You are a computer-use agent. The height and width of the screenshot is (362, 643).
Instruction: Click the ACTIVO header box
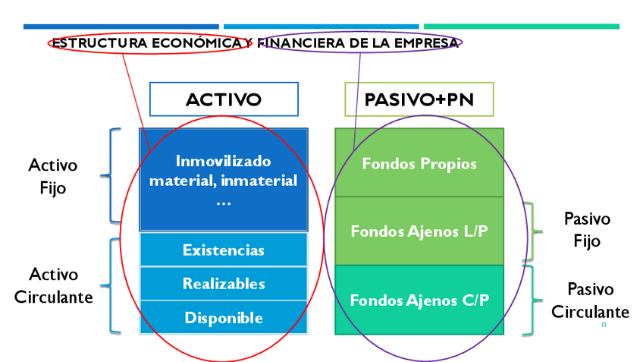pyautogui.click(x=224, y=99)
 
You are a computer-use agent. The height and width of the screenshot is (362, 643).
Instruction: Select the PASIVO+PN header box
pyautogui.click(x=419, y=99)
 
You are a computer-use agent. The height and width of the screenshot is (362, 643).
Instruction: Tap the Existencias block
pyautogui.click(x=224, y=250)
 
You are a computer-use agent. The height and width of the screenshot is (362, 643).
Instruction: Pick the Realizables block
pyautogui.click(x=224, y=284)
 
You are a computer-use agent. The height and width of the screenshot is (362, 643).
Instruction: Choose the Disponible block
pyautogui.click(x=224, y=317)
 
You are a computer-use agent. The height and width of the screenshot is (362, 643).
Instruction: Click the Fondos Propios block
pyautogui.click(x=419, y=163)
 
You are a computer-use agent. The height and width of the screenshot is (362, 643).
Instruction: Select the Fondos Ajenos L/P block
pyautogui.click(x=419, y=231)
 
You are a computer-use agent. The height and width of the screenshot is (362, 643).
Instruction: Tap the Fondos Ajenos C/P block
pyautogui.click(x=419, y=300)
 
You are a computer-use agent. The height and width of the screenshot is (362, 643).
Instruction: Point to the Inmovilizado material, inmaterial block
pyautogui.click(x=224, y=181)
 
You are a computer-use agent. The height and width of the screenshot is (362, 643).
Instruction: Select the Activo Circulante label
pyautogui.click(x=53, y=285)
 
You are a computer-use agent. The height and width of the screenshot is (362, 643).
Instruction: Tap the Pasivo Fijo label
pyautogui.click(x=587, y=230)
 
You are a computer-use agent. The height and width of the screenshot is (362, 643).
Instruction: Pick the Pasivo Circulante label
pyautogui.click(x=590, y=301)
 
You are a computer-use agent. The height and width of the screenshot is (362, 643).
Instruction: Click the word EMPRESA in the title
pyautogui.click(x=426, y=42)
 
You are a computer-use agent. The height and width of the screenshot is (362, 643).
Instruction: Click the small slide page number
pyautogui.click(x=604, y=324)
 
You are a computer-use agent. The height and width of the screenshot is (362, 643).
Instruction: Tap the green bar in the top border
pyautogui.click(x=521, y=27)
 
